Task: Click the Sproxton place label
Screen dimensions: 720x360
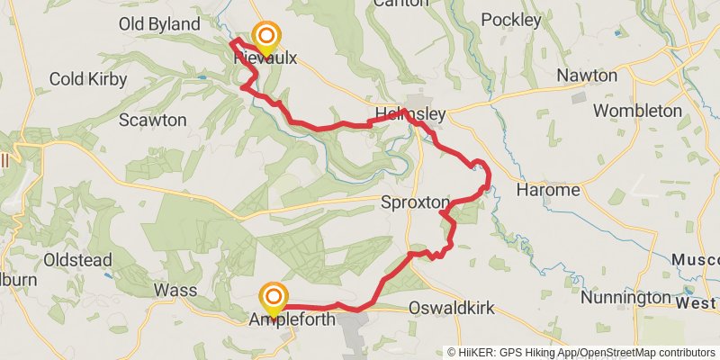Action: (414, 202)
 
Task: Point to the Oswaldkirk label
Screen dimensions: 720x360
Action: (452, 309)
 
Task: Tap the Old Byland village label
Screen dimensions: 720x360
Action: (161, 23)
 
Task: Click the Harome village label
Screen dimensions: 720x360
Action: (548, 191)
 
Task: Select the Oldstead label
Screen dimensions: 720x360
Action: (78, 261)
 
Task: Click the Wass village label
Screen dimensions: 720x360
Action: (175, 291)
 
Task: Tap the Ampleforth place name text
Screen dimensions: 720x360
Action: (292, 319)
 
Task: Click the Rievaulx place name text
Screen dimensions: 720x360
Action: (265, 59)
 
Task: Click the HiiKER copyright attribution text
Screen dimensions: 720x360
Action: (580, 353)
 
